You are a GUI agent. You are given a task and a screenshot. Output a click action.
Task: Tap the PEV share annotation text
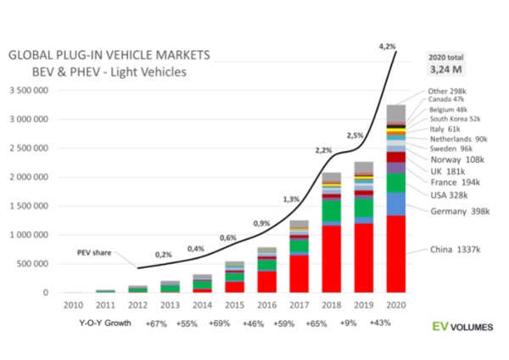click(90, 252)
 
